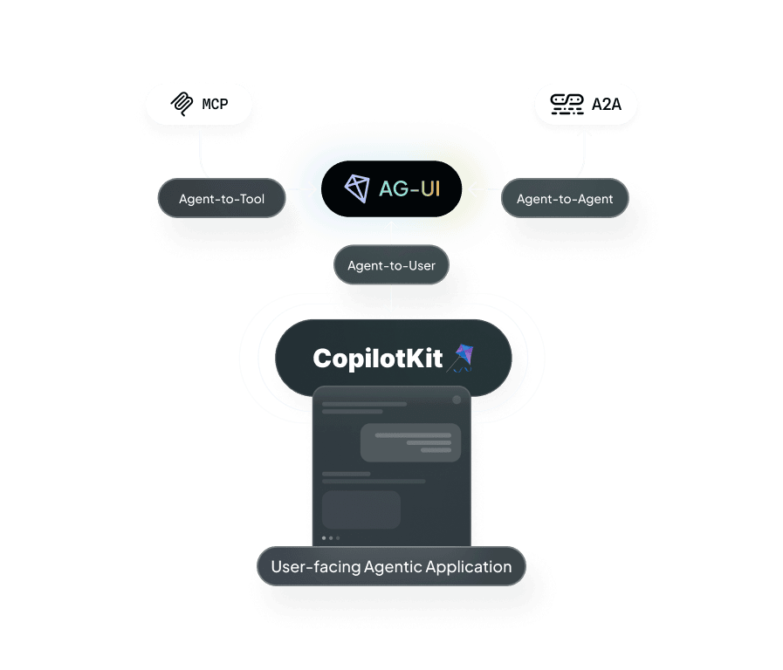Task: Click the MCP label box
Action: coord(199,104)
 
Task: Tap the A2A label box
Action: coord(585,105)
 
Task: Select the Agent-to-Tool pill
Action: coord(222,199)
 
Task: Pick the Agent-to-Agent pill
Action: coord(564,199)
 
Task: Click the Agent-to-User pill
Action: coord(391,265)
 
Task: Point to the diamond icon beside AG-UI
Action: coord(357,188)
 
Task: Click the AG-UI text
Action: coord(409,188)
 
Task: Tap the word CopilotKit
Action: coord(378,358)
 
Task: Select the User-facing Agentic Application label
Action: coord(391,567)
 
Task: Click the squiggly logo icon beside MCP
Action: coord(181,104)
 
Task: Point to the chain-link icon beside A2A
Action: coord(567,105)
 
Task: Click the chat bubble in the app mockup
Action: coord(410,442)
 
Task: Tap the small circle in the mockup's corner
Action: coord(456,400)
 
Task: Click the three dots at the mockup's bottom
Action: coord(331,538)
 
